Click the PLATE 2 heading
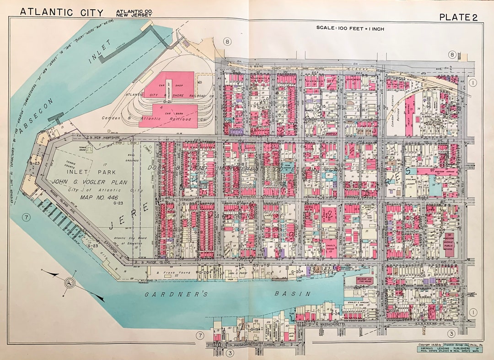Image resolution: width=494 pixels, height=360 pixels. (x=458, y=17)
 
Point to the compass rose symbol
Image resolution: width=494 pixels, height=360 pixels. (x=70, y=282)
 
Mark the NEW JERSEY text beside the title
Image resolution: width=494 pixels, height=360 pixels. (x=134, y=15)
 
